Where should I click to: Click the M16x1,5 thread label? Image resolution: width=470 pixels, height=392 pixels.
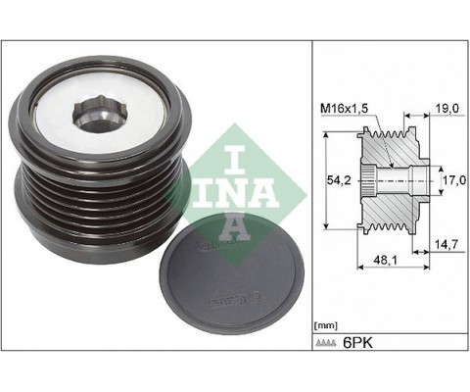(x=345, y=108)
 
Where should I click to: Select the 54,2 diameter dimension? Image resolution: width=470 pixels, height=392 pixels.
(x=339, y=180)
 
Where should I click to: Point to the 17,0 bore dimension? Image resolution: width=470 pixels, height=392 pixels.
(x=455, y=180)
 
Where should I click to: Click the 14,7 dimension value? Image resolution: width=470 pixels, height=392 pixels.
(x=446, y=244)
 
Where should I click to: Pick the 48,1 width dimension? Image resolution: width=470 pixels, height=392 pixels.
(x=385, y=260)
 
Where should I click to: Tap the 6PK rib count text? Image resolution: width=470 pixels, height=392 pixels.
(x=357, y=343)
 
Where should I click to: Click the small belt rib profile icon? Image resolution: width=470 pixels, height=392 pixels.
(x=325, y=343)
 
